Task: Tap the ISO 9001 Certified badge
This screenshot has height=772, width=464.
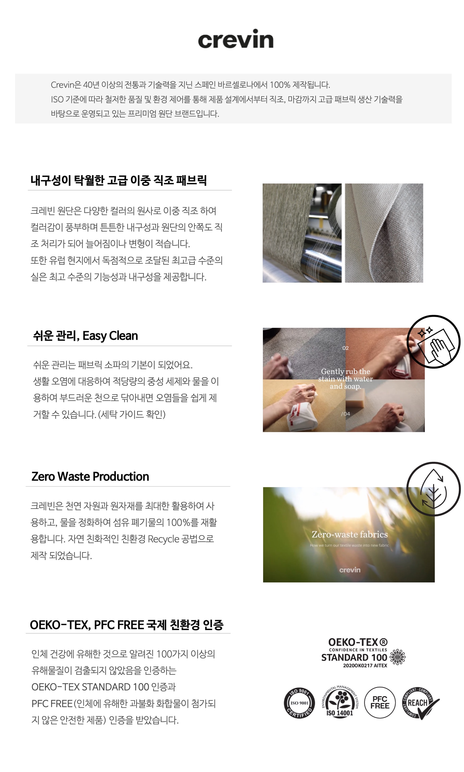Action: pos(299,703)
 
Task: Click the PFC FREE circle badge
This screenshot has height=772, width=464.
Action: pos(380,702)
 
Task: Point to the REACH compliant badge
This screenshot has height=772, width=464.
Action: pos(420,703)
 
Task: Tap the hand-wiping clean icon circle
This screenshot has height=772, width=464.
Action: pos(433,341)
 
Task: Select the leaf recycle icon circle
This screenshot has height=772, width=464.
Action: pos(433,489)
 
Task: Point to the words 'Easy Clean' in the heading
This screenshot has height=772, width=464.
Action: pos(110,336)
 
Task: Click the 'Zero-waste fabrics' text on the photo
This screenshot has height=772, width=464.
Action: pos(350,534)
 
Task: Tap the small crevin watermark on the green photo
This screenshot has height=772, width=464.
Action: pos(350,570)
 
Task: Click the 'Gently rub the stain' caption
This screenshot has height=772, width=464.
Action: pos(345,379)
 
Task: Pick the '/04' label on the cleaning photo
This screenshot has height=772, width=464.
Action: pos(345,414)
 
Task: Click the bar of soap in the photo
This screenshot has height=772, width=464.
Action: pos(355,400)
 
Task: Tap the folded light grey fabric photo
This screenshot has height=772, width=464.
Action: pos(384,233)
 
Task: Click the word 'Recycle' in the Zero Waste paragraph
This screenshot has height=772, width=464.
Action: pos(164,539)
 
